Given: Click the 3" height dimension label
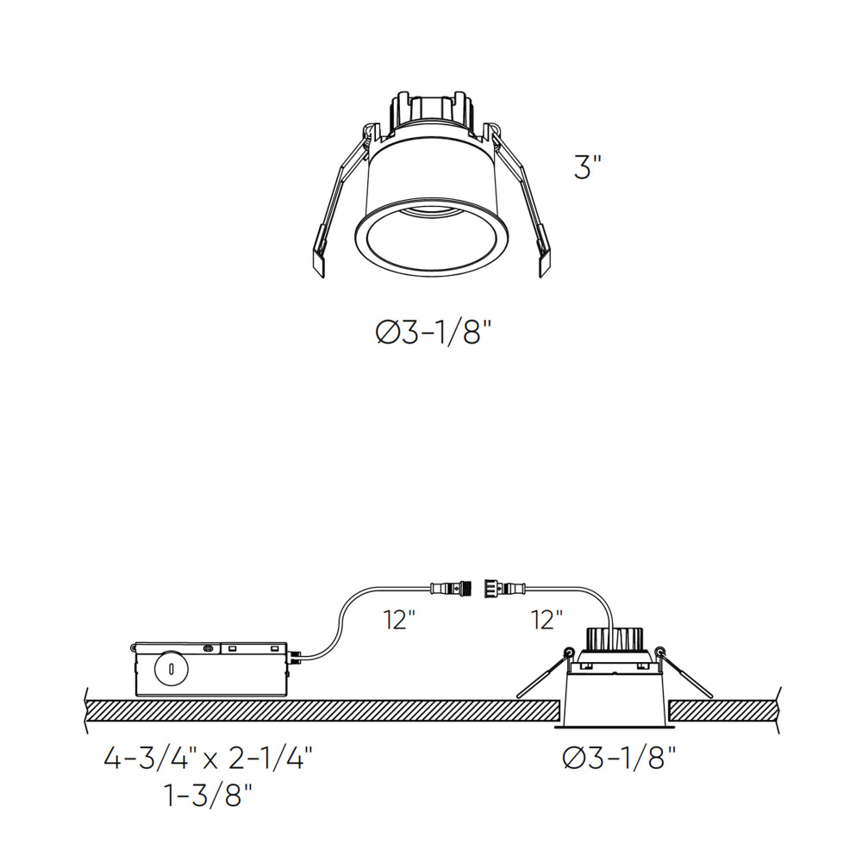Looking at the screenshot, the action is pyautogui.click(x=588, y=166).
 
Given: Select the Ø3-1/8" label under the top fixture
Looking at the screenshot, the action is pyautogui.click(x=433, y=332).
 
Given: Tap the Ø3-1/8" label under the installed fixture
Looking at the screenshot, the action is pyautogui.click(x=618, y=758).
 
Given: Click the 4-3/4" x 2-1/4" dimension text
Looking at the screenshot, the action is pyautogui.click(x=208, y=759).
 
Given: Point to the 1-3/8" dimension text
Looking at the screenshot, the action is pyautogui.click(x=208, y=795).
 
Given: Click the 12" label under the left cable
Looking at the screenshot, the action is pyautogui.click(x=399, y=620).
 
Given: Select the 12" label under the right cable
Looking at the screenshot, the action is pyautogui.click(x=547, y=620).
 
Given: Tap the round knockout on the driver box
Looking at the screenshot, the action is pyautogui.click(x=172, y=669).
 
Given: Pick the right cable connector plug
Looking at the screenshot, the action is pyautogui.click(x=504, y=588).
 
